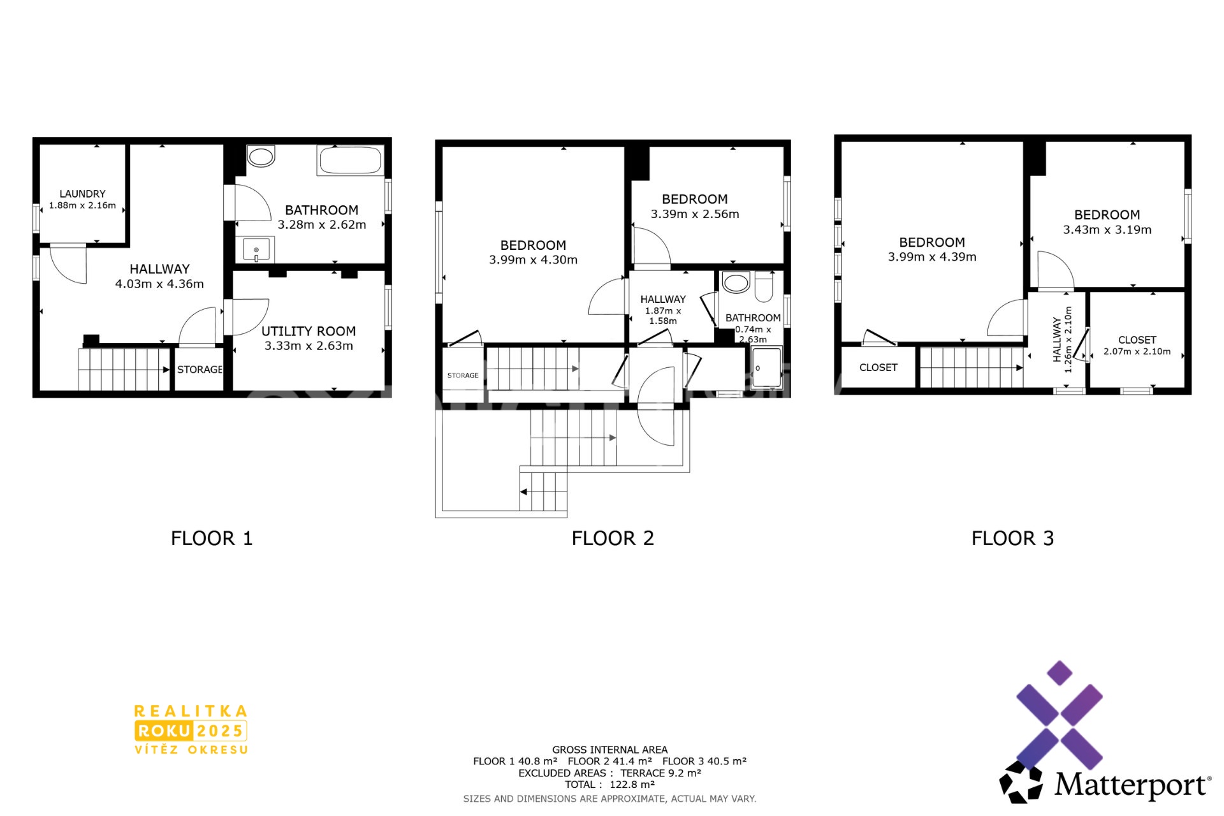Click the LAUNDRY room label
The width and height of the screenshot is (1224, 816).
[82, 194]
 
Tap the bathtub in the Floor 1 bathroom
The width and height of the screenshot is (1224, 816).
[351, 160]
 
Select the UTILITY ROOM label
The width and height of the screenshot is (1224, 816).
[309, 331]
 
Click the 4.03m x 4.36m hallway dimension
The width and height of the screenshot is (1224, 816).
[159, 284]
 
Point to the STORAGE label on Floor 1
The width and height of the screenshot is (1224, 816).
[200, 370]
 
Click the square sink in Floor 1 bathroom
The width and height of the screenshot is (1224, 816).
[256, 249]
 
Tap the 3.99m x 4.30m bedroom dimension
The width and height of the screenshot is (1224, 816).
[533, 260]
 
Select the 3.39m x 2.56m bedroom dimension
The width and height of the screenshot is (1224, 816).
[695, 214]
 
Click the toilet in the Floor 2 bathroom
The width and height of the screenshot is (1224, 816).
[764, 287]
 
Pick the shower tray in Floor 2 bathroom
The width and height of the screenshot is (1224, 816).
[766, 367]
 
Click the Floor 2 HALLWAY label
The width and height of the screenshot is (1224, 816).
[663, 300]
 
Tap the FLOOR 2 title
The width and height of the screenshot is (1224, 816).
[613, 539]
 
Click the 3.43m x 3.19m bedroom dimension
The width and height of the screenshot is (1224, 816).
[1107, 230]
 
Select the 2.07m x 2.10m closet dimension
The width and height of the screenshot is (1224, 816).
[1137, 352]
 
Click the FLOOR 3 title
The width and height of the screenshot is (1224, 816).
[1012, 539]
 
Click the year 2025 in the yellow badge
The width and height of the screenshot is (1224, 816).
[219, 731]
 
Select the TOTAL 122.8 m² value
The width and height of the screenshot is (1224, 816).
[632, 785]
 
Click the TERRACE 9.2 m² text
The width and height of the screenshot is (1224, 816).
[661, 773]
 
